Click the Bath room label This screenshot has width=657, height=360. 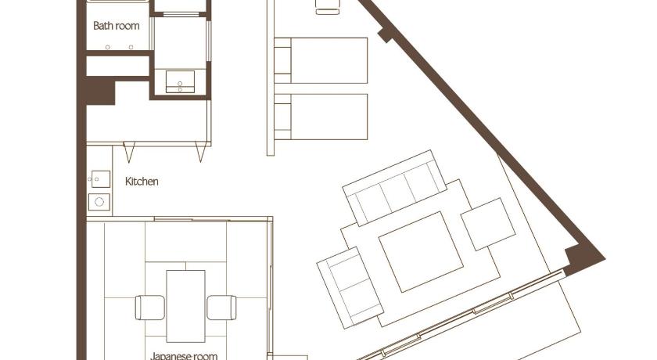[x=116, y=26]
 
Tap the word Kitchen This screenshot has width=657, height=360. [x=142, y=182]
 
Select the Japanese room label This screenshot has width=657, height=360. [x=184, y=356]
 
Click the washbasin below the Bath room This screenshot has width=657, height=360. [x=180, y=81]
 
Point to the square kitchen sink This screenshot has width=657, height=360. [x=101, y=179]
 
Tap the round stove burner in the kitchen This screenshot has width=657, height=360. [x=99, y=202]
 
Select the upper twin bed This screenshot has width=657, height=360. [x=321, y=61]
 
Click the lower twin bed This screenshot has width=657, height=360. [x=321, y=117]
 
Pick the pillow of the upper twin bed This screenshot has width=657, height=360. [x=282, y=61]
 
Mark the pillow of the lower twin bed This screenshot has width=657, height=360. [x=282, y=117]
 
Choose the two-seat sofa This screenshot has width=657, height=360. [x=350, y=288]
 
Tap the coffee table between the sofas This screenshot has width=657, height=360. [x=421, y=252]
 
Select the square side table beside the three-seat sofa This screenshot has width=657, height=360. [x=488, y=224]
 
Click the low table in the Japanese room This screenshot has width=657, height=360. [x=185, y=306]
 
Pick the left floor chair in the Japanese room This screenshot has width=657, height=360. [x=150, y=308]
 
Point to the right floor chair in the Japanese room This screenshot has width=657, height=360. [x=221, y=308]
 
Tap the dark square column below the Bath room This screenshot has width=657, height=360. [x=100, y=90]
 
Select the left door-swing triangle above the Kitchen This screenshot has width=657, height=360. [x=129, y=152]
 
